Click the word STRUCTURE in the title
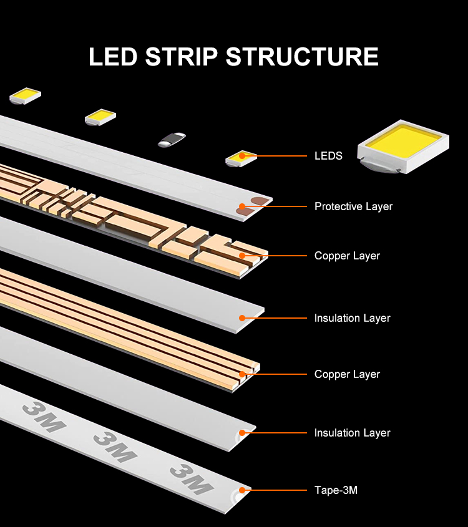point(302,57)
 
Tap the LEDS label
point(328,156)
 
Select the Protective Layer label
point(353,206)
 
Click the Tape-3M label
point(336,490)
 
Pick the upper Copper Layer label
point(347,256)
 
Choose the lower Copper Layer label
point(347,374)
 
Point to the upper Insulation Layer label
point(352,318)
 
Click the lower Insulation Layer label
point(352,433)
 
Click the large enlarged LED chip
point(403,146)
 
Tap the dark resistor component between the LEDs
point(172,140)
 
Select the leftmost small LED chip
point(25,95)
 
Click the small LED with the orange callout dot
point(241,158)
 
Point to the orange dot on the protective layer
point(242,206)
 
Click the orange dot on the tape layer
point(242,490)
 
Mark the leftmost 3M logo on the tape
point(44,417)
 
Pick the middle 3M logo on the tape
point(115,447)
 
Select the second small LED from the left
point(100,117)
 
